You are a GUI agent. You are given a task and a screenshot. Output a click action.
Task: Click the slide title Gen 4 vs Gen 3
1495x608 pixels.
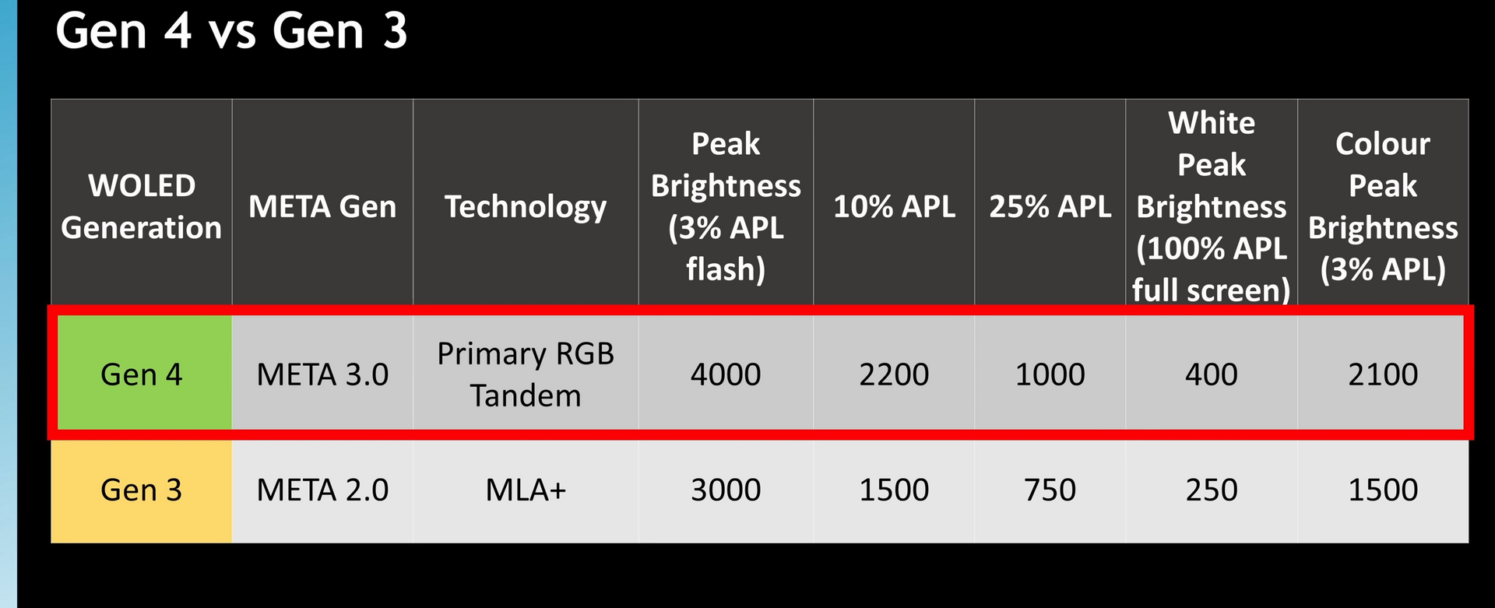tap(231, 31)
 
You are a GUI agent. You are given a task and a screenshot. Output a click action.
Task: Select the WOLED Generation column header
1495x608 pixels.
tap(141, 206)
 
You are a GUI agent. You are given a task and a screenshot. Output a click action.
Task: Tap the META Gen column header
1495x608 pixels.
tap(322, 206)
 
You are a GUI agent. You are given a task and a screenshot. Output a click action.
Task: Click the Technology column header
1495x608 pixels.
tap(526, 207)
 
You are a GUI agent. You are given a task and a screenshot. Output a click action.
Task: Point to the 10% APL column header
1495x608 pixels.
tap(894, 206)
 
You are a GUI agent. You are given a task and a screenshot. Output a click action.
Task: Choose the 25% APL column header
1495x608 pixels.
tap(1050, 206)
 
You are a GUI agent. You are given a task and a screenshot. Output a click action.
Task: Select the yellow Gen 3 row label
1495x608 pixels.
tap(141, 490)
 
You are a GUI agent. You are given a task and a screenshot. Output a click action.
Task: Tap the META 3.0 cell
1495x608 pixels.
tap(322, 374)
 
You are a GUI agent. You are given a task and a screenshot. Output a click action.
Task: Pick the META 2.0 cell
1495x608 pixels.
tap(322, 490)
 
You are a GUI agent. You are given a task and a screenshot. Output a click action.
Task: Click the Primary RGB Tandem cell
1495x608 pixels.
tap(526, 374)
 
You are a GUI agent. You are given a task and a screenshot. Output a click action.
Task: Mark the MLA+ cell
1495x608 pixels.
tap(526, 490)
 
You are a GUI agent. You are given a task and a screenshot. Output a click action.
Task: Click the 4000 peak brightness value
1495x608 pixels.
tap(726, 374)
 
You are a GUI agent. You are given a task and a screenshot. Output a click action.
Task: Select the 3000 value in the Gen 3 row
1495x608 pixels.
tap(726, 490)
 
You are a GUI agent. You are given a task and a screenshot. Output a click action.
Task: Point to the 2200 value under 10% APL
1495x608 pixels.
tap(894, 374)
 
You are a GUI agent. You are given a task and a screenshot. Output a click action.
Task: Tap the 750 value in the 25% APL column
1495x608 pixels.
tap(1050, 490)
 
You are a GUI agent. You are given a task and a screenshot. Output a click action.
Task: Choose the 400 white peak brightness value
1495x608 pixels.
tap(1211, 374)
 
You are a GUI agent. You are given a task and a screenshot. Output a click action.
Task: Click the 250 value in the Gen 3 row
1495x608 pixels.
tap(1211, 490)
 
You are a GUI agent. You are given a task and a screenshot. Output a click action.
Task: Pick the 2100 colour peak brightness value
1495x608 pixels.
tap(1383, 374)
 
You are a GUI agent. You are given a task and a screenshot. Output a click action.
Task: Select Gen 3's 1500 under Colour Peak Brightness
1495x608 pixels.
tap(1383, 490)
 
